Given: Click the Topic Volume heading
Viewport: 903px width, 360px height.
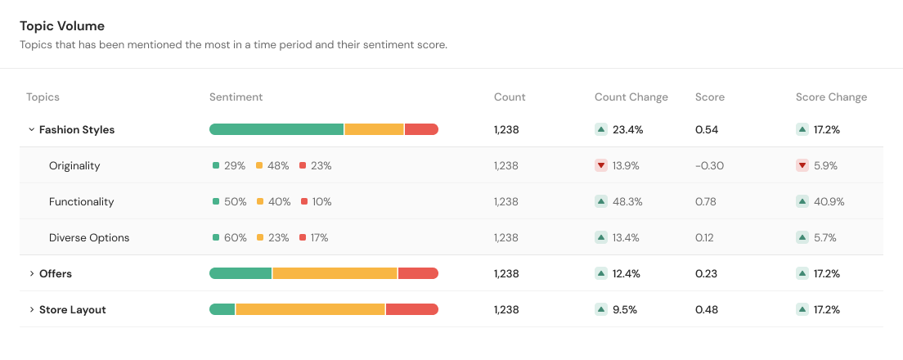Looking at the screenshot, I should click(62, 26).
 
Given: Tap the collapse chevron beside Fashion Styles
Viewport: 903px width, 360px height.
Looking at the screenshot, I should click(31, 129).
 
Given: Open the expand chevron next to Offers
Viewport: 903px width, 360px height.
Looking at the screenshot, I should click(31, 273).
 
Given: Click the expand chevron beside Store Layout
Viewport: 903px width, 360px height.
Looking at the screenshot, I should click(31, 309).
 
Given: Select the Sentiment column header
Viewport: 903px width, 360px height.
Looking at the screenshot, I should click(236, 97).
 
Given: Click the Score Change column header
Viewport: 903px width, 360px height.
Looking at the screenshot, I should click(831, 97).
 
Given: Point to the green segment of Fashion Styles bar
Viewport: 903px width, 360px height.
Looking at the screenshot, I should click(276, 129).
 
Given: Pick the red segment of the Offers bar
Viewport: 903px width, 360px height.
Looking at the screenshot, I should click(418, 273).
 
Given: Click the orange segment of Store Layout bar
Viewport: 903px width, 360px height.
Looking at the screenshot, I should click(310, 309).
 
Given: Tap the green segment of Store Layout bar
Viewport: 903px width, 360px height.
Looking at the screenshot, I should click(222, 309).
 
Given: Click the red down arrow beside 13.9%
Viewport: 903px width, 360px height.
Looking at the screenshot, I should click(601, 165).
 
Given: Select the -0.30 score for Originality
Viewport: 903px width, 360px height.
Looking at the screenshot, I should click(709, 165).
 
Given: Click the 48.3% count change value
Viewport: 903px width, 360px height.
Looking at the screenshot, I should click(627, 201).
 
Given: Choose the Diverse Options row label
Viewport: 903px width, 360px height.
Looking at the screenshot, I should click(89, 237).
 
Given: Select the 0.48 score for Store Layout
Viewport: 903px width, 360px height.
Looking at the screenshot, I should click(707, 309).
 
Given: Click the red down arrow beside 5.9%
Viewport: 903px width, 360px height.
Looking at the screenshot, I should click(802, 165).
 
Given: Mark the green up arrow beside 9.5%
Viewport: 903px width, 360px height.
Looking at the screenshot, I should click(601, 309).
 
